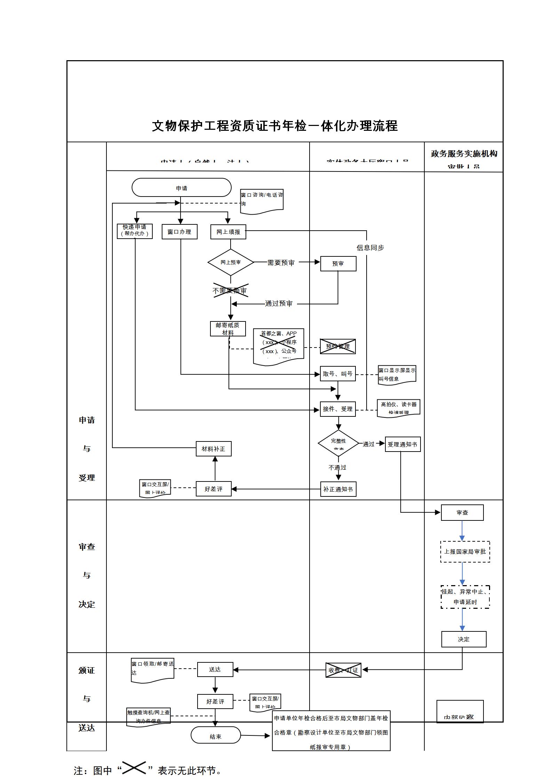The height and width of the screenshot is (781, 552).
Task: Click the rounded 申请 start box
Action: (x=181, y=188)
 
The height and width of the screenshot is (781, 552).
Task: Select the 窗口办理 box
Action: (x=179, y=232)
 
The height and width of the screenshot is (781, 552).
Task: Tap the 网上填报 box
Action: (x=228, y=232)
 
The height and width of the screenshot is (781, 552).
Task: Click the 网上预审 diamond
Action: (x=231, y=262)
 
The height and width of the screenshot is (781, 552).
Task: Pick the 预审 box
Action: (x=338, y=264)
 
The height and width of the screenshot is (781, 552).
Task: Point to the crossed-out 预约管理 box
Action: (x=338, y=346)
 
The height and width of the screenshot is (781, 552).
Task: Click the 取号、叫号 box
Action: (x=338, y=374)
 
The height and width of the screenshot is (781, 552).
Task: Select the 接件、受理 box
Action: (x=338, y=409)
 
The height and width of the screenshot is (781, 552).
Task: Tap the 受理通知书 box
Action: (x=403, y=445)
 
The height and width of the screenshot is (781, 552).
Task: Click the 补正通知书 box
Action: (x=338, y=489)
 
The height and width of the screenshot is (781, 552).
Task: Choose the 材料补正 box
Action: (x=214, y=449)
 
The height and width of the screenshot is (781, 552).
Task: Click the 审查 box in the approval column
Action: (x=462, y=513)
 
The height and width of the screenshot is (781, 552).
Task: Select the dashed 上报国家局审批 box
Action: (x=465, y=552)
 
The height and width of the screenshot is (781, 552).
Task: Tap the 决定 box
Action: (x=464, y=639)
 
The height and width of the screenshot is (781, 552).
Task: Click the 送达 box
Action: (x=215, y=670)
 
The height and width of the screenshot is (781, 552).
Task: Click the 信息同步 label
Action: (x=370, y=248)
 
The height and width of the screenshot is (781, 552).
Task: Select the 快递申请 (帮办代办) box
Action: (x=135, y=231)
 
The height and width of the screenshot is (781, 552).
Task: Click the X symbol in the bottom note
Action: (x=134, y=767)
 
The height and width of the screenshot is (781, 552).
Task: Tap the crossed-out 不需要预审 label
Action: (x=230, y=290)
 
